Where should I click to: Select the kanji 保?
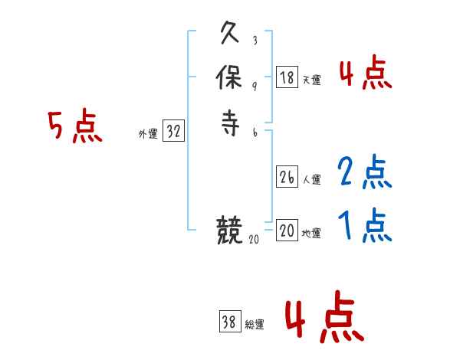coord(230,79)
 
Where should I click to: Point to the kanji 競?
coord(230,230)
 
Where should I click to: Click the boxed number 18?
coord(287,77)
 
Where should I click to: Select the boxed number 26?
coord(287,178)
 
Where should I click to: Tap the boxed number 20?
coord(287,231)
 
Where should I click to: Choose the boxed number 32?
coord(173,132)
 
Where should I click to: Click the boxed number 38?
coord(230,322)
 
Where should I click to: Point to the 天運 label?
coord(311,80)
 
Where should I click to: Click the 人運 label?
coord(311,180)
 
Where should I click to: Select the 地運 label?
coord(311,233)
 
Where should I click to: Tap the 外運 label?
coord(148,134)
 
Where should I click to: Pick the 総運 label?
coord(255,325)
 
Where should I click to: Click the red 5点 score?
coord(75,126)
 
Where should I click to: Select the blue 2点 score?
coord(365,172)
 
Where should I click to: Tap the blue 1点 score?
coord(365,225)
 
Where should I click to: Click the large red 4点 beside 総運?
coord(324,320)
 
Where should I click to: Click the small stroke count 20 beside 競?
coord(254,239)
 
